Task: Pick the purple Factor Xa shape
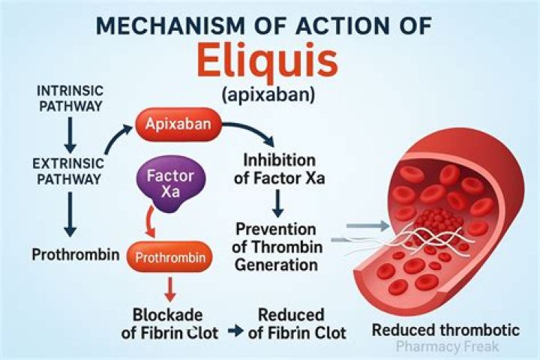tap(170, 184)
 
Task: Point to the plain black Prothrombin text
tap(75, 254)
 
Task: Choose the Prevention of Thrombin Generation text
tap(275, 247)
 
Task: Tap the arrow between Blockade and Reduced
tap(235, 331)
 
